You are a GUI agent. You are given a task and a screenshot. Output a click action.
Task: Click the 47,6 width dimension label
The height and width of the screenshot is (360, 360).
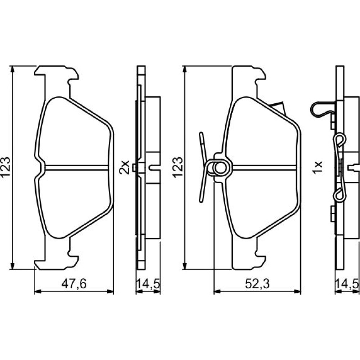74,284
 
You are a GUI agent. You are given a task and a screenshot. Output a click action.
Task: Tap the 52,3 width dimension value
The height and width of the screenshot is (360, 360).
257,284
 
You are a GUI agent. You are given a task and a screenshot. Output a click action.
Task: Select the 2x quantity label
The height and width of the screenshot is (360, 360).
125,168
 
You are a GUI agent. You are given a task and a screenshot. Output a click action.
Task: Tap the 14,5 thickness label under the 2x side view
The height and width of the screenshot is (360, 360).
148,284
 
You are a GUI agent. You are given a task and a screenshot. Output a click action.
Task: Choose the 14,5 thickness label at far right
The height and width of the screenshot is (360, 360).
347,284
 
